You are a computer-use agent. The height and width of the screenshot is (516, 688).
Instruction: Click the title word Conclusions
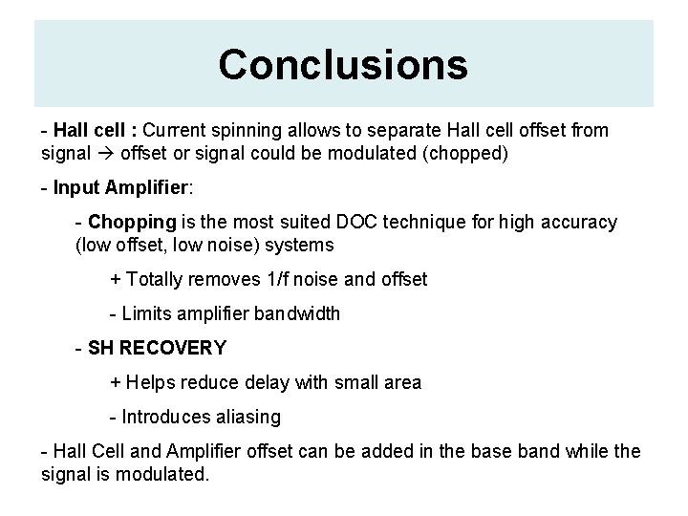tap(343, 64)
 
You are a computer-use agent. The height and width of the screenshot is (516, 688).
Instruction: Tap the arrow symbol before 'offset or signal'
tap(104, 151)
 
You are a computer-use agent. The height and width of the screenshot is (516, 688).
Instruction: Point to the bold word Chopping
tap(132, 222)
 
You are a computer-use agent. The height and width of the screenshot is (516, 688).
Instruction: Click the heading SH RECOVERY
tap(156, 348)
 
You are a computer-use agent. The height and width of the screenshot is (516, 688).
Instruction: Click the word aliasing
tap(248, 417)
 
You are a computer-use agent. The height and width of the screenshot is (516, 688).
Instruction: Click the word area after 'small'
tap(400, 382)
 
